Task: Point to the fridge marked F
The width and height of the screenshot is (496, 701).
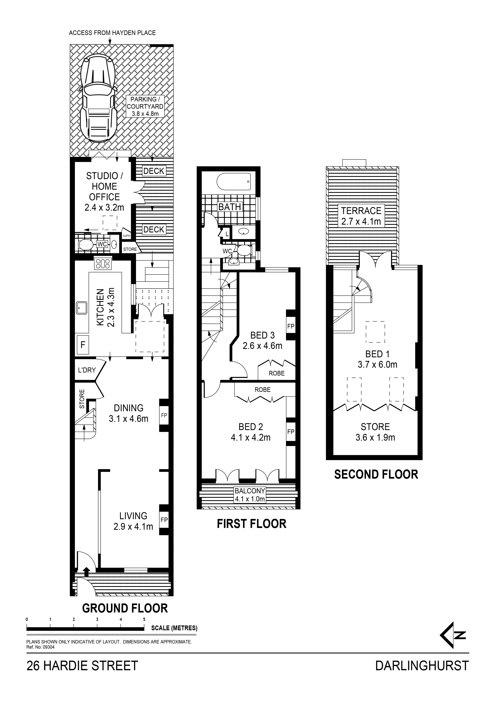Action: click(83, 345)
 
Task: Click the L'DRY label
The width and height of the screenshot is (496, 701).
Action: click(87, 370)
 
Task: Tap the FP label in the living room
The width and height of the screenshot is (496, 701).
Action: click(164, 520)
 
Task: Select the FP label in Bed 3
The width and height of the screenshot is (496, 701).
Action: click(291, 326)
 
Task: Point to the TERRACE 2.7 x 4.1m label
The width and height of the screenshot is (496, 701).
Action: click(361, 216)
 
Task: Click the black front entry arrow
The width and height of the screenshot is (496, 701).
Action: click(86, 570)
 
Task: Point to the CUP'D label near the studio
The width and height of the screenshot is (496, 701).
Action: click(127, 236)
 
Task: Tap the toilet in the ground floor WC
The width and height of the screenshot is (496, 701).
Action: click(86, 244)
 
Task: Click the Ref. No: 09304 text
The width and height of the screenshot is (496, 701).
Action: click(40, 647)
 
